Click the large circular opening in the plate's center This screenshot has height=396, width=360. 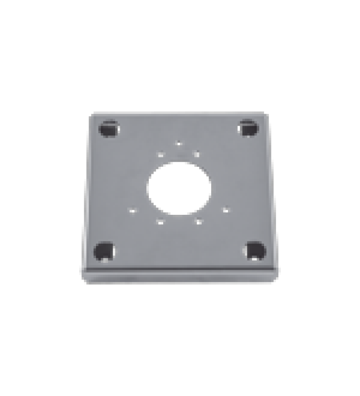pos(180,188)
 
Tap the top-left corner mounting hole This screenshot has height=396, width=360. pos(109,129)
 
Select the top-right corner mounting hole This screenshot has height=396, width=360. pos(248,128)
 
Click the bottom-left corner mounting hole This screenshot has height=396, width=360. pos(104,251)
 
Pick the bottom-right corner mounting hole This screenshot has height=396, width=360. pos(255,251)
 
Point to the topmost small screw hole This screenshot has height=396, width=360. pos(179,144)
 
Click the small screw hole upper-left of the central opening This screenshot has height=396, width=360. pos(161,154)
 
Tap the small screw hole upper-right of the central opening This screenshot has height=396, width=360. pos(197,154)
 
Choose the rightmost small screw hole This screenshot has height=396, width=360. pos(226,210)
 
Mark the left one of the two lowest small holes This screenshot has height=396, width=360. pos(160,222)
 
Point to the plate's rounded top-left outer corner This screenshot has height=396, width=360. pos(92,116)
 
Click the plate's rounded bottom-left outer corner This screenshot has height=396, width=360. pos(85,279)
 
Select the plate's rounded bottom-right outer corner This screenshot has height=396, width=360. pos(275,278)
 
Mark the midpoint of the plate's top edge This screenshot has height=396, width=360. pos(179,114)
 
